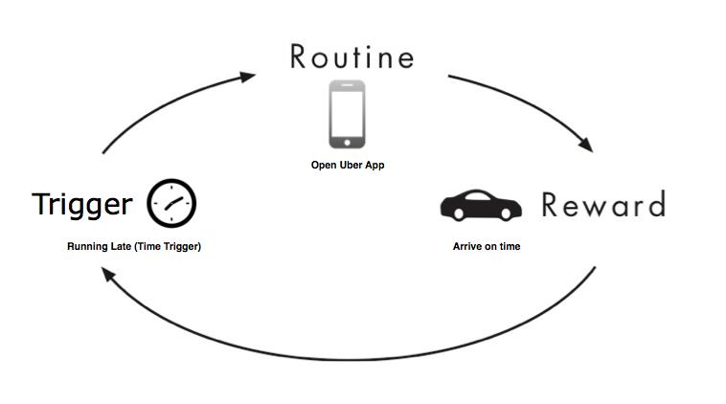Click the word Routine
[x=352, y=56]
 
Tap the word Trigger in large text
[x=82, y=205]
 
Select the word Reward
[x=603, y=205]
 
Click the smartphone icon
[x=347, y=114]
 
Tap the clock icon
[x=171, y=203]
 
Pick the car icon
[x=481, y=205]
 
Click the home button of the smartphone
[x=347, y=143]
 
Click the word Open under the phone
[x=324, y=166]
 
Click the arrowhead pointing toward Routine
[x=248, y=77]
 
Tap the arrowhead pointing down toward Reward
[x=586, y=145]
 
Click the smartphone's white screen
[x=347, y=113]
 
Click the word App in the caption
[x=374, y=166]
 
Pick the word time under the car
[x=510, y=246]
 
